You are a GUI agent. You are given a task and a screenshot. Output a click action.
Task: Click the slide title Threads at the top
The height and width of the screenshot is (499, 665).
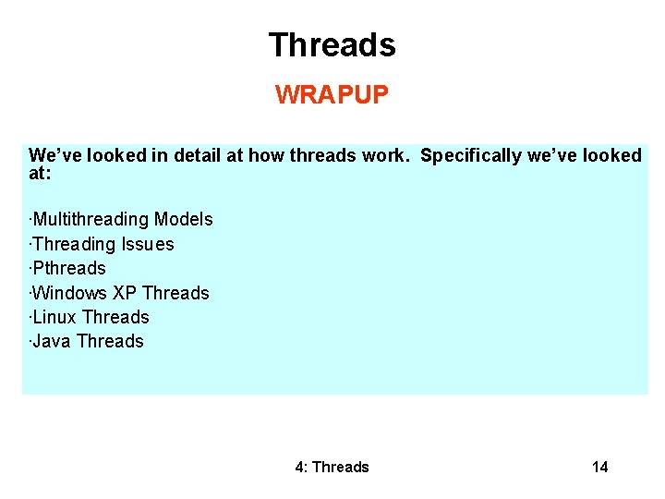332,44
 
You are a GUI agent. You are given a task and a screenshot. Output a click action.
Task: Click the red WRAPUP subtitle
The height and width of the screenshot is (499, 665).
332,95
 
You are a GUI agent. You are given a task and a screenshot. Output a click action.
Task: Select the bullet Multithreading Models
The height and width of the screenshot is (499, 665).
122,219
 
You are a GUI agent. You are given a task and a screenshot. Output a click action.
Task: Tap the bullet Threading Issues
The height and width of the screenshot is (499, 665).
103,244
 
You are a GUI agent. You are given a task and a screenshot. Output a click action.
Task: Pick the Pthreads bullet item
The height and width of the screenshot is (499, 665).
68,268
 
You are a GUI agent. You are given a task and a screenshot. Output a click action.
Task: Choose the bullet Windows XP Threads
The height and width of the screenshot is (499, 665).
120,293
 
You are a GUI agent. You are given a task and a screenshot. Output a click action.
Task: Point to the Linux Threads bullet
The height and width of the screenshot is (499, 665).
90,317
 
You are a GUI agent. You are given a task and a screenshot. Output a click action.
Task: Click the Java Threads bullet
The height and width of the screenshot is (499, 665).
87,341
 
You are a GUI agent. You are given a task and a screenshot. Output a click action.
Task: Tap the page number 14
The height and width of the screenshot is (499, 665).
600,467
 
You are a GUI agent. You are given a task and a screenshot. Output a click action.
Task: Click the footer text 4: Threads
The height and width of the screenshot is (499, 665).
332,467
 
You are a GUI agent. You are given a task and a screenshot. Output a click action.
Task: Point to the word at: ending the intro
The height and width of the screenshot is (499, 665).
40,172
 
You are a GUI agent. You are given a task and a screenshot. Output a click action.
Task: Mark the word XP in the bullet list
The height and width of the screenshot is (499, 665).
125,293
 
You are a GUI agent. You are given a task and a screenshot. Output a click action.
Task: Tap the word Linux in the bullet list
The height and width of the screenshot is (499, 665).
54,317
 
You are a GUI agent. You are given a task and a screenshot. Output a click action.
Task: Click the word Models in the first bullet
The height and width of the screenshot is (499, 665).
184,219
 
